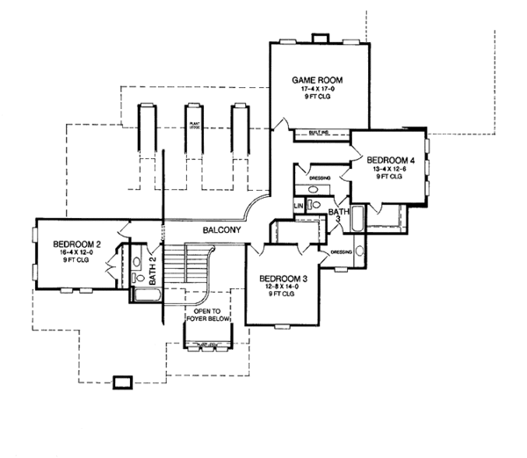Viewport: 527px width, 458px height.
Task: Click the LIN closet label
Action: pyautogui.click(x=300, y=206)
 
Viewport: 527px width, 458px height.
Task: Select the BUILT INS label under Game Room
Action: pyautogui.click(x=318, y=133)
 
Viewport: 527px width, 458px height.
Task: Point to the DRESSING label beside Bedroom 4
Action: pyautogui.click(x=320, y=178)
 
